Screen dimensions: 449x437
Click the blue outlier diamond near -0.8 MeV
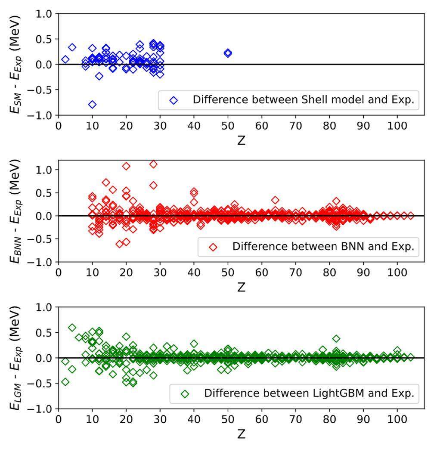click(92, 105)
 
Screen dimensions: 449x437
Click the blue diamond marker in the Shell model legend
click(174, 100)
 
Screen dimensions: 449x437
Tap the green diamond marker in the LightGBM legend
click(185, 393)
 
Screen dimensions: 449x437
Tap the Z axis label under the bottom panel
click(241, 434)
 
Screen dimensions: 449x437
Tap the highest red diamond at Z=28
click(153, 164)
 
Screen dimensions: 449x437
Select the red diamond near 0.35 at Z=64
click(275, 200)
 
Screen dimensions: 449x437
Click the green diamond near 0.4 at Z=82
click(336, 338)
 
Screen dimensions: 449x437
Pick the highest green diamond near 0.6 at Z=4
click(72, 328)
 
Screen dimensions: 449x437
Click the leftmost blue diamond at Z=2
click(65, 59)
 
